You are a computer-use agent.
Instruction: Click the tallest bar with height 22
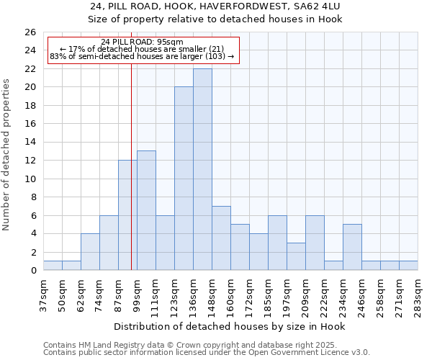[x=202, y=170]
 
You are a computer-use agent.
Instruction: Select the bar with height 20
[x=184, y=179]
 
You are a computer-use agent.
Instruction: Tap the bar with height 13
[x=146, y=210]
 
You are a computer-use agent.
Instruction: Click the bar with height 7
[x=221, y=238]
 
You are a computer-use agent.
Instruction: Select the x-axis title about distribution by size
[x=230, y=327]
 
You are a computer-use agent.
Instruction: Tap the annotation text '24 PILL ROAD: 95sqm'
[x=142, y=42]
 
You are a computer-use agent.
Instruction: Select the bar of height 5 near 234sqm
[x=352, y=247]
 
